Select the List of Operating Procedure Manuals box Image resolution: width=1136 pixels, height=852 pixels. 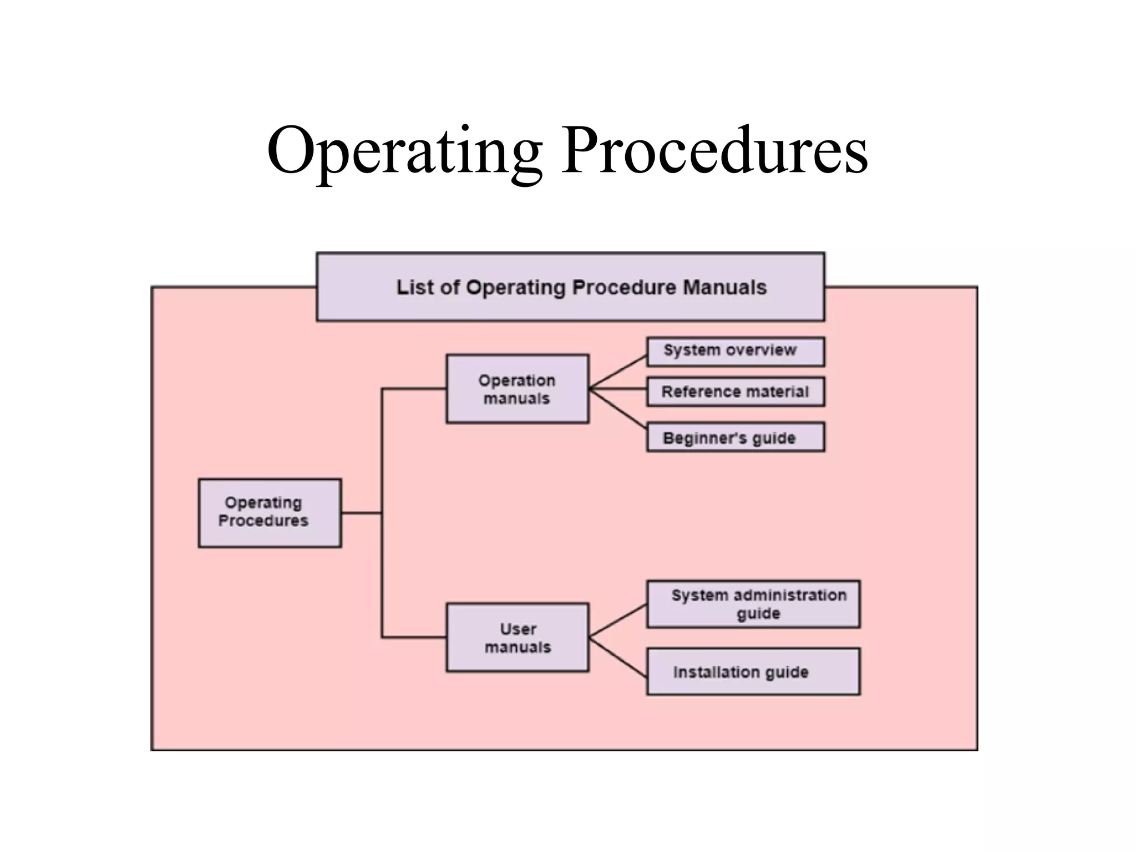[x=570, y=287]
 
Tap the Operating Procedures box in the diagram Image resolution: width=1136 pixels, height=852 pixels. [x=270, y=513]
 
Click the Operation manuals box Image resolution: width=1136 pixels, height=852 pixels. [x=517, y=389]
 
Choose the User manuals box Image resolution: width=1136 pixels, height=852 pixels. [x=517, y=638]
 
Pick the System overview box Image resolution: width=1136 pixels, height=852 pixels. [x=735, y=352]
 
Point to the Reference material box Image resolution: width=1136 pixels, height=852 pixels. [x=735, y=392]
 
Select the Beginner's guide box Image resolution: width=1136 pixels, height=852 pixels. [x=735, y=437]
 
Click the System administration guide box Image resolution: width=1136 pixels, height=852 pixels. [x=753, y=604]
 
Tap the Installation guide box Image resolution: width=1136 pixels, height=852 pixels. [x=753, y=671]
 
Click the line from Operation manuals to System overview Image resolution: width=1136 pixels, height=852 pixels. [x=618, y=372]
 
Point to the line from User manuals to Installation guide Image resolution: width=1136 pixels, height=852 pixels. [x=618, y=657]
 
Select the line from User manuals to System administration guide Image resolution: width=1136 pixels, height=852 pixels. [x=618, y=620]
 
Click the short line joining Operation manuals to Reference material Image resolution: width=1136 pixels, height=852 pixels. [x=618, y=389]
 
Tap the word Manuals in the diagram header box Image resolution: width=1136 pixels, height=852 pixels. [x=724, y=287]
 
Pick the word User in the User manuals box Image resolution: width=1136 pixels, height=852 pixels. [x=518, y=629]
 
